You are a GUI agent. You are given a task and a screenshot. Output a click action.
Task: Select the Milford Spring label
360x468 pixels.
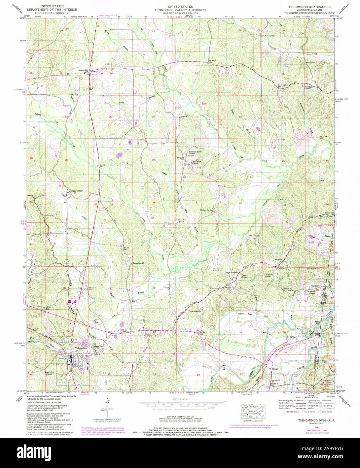(x=207, y=210)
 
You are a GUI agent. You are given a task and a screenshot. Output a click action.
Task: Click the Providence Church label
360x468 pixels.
(x=310, y=88)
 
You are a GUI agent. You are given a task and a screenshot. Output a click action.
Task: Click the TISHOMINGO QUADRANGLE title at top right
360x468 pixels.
(x=309, y=7)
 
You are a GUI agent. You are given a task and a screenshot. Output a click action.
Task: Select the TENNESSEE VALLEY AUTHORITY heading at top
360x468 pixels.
(x=180, y=10)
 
